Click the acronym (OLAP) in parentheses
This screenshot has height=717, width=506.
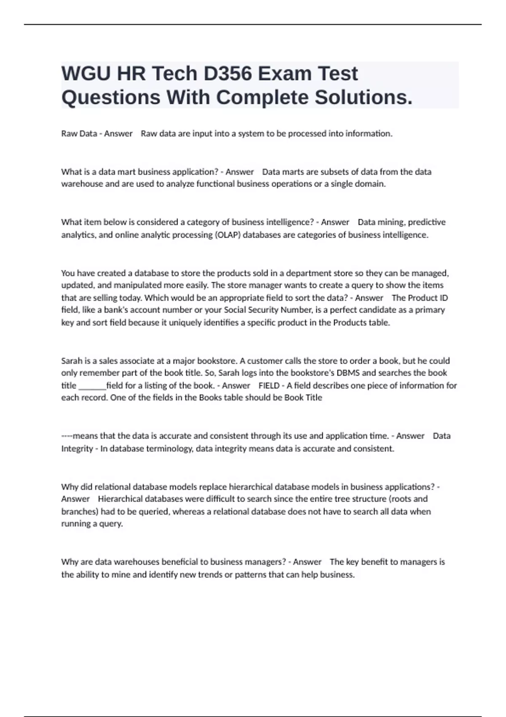tap(228, 235)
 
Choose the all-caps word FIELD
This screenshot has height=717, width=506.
tap(269, 385)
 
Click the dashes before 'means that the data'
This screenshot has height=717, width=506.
tap(67, 436)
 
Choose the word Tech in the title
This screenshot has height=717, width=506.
tap(174, 74)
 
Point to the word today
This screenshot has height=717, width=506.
tap(130, 298)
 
